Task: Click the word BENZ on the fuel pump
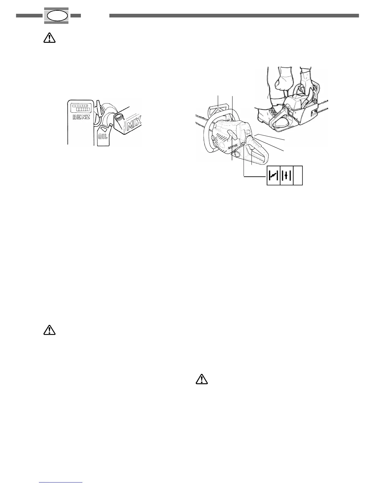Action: [x=81, y=117]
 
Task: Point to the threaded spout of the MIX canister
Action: [x=118, y=118]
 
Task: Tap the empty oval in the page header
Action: [x=57, y=16]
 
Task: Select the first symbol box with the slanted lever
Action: [x=274, y=176]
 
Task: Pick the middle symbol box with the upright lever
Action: [x=286, y=176]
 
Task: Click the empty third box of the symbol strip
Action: [x=298, y=176]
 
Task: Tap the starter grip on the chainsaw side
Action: [x=231, y=134]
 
